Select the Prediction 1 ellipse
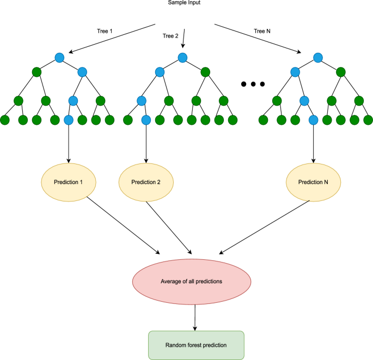69,181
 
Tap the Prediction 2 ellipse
146,181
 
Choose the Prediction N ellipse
313,181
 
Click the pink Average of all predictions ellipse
192,280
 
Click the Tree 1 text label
103,31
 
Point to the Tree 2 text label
171,36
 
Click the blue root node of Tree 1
60,57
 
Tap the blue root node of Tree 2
182,57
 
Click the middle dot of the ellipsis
253,84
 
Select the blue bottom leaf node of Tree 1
69,120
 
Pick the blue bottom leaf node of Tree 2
146,120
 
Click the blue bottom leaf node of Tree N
313,120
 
